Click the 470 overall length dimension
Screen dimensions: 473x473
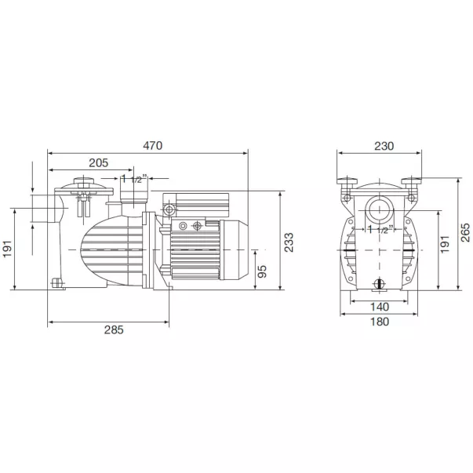coord(153,146)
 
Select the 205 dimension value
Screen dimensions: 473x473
coord(98,163)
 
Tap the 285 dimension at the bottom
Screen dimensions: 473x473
coord(114,329)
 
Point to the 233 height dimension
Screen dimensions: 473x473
coord(289,242)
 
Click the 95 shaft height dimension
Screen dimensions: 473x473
coord(262,271)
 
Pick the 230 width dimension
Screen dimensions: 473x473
coord(384,146)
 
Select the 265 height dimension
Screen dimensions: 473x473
coord(465,232)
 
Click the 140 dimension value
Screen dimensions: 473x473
coord(380,307)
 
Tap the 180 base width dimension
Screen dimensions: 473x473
coord(380,322)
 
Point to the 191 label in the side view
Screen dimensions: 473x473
coord(7,249)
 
